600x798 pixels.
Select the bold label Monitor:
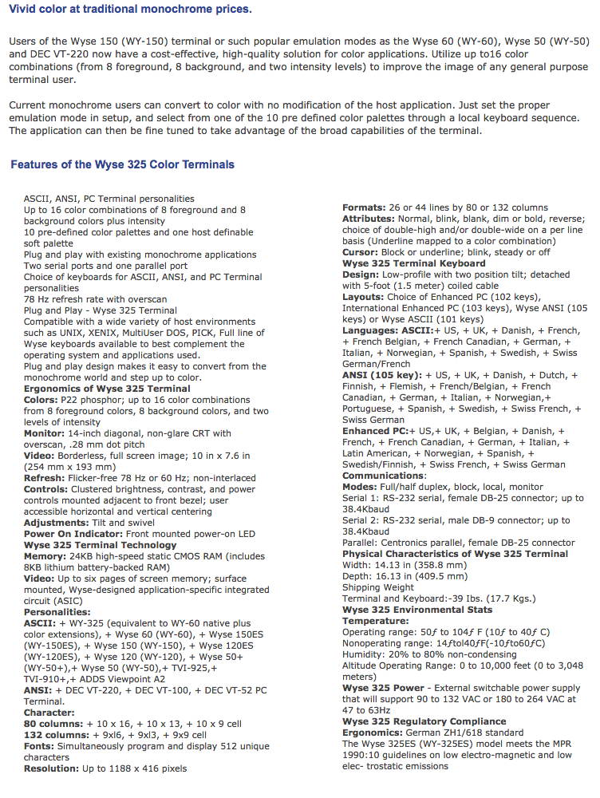[x=47, y=433]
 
